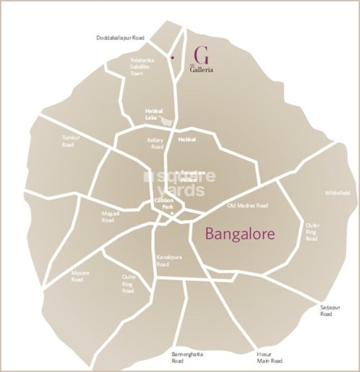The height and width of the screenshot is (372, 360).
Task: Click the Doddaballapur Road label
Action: [120, 38]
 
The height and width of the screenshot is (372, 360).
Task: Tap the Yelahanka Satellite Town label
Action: [140, 67]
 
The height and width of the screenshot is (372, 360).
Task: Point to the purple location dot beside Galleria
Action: [172, 57]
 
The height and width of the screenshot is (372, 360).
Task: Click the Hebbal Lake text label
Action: [151, 114]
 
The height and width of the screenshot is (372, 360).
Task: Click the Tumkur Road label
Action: [68, 141]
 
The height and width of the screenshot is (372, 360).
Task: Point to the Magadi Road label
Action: [108, 217]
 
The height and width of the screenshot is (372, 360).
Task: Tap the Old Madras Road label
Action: [247, 206]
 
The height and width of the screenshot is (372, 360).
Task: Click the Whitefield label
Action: [337, 193]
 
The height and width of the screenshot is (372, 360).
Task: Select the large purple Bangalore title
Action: [240, 234]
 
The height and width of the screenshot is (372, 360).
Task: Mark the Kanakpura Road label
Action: [163, 260]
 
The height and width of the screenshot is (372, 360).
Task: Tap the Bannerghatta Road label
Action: [187, 357]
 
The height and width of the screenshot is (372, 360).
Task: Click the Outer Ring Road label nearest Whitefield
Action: [312, 231]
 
